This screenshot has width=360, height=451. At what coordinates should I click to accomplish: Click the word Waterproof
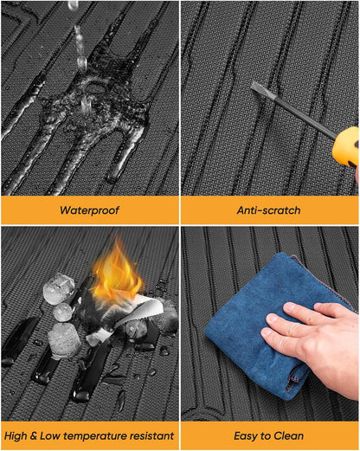pyautogui.click(x=89, y=210)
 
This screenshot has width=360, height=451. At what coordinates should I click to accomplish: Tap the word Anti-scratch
pyautogui.click(x=268, y=210)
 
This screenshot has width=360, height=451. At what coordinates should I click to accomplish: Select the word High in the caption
pyautogui.click(x=16, y=435)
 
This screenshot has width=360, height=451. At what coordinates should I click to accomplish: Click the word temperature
pyautogui.click(x=95, y=436)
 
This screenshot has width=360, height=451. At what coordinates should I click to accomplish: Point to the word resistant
pyautogui.click(x=151, y=435)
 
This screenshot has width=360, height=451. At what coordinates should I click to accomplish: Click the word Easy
pyautogui.click(x=245, y=436)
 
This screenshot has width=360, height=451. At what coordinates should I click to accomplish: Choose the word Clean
pyautogui.click(x=289, y=435)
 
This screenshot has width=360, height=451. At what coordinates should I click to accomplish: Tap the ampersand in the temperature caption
pyautogui.click(x=33, y=435)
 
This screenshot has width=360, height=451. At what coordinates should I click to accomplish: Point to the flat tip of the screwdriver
pyautogui.click(x=255, y=86)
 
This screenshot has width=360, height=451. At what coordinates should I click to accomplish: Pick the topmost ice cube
pyautogui.click(x=59, y=289)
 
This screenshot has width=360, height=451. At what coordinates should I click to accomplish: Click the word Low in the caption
pyautogui.click(x=49, y=435)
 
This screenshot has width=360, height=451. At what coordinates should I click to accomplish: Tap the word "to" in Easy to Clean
pyautogui.click(x=265, y=436)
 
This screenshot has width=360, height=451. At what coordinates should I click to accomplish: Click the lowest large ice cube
pyautogui.click(x=65, y=341)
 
